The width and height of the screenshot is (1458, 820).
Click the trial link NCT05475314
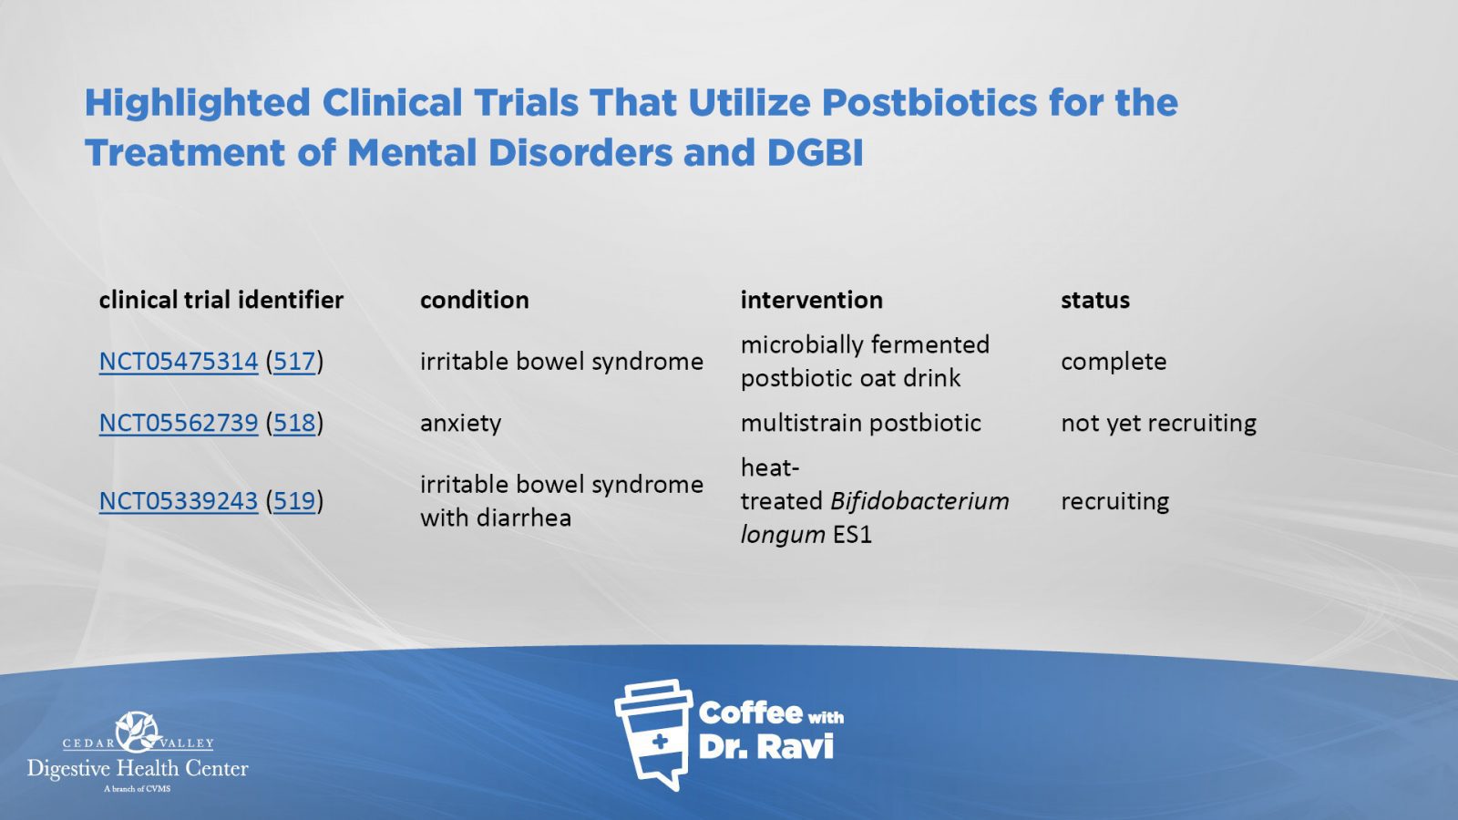pyautogui.click(x=179, y=361)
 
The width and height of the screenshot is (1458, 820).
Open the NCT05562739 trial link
pyautogui.click(x=179, y=423)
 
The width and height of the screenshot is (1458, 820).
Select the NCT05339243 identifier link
pyautogui.click(x=179, y=501)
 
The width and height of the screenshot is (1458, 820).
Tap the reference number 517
pyautogui.click(x=294, y=361)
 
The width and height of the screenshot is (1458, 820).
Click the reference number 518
pyautogui.click(x=294, y=423)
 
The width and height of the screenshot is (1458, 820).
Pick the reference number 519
pyautogui.click(x=294, y=501)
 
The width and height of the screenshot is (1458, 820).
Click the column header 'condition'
pyautogui.click(x=475, y=300)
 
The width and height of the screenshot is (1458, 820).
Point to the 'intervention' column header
pyautogui.click(x=812, y=300)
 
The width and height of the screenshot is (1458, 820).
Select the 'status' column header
pyautogui.click(x=1095, y=300)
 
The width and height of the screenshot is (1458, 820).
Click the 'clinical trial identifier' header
pyautogui.click(x=221, y=300)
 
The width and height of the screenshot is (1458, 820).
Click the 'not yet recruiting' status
pyautogui.click(x=1158, y=424)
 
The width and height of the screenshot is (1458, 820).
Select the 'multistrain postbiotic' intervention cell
pyautogui.click(x=860, y=424)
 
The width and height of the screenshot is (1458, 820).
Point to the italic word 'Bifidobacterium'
pyautogui.click(x=919, y=501)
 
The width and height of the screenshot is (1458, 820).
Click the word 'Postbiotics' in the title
pyautogui.click(x=929, y=103)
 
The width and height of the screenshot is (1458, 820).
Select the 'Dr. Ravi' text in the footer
pyautogui.click(x=766, y=746)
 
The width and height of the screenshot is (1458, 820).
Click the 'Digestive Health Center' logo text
pyautogui.click(x=138, y=769)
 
